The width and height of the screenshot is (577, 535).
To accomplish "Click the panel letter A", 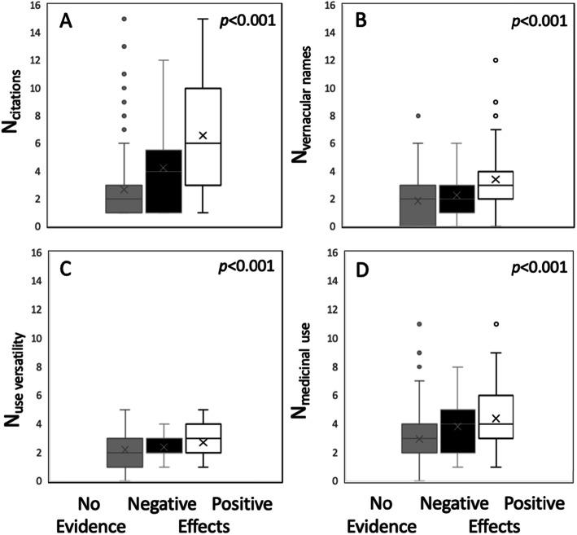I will tap(68, 20).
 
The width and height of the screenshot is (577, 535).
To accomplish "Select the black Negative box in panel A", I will tap(164, 181).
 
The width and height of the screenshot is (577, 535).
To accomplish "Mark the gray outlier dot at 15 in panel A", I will tap(124, 18).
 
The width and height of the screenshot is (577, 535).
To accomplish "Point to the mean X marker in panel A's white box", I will tap(203, 135).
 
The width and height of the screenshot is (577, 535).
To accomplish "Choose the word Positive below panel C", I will tap(242, 505).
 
